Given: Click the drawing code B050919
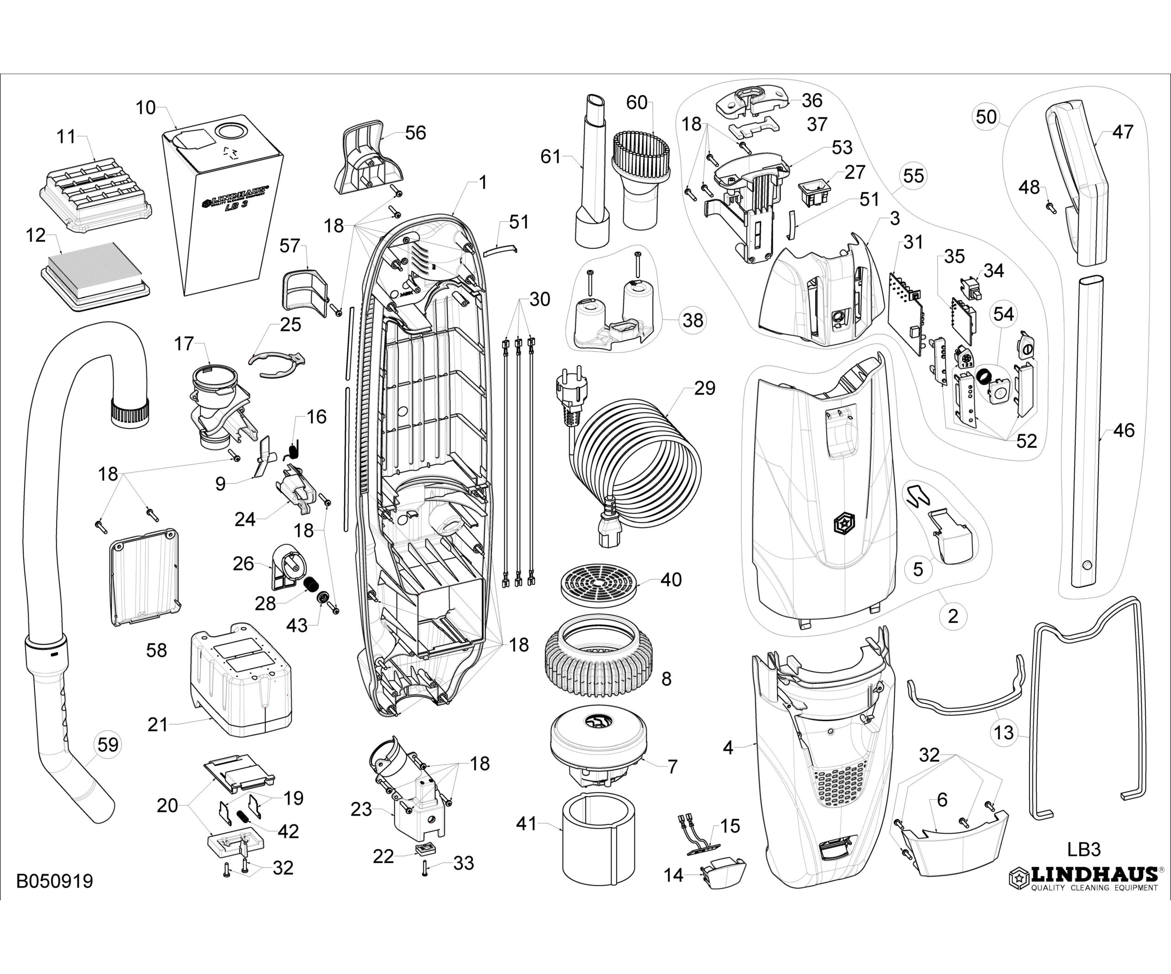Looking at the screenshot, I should coord(54,882).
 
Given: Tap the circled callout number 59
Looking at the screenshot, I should coord(108,745).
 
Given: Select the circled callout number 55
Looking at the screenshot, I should coord(913,176).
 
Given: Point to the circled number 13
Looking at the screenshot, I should coord(1004,732).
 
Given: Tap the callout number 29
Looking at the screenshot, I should coord(704,388).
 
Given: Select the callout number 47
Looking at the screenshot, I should coord(1123,132).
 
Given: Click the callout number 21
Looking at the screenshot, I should coord(158,724).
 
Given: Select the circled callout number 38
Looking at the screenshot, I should coord(693,320).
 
